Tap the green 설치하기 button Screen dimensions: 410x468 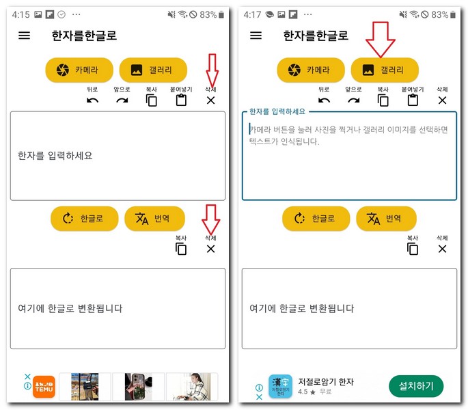(x=416, y=385)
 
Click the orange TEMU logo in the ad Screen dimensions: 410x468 (x=44, y=386)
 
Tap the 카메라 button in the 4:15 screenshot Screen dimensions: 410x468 (x=77, y=70)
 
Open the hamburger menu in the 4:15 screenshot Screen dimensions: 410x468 (x=25, y=36)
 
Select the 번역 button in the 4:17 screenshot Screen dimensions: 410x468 (x=386, y=219)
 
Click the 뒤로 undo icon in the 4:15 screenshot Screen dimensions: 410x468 (x=93, y=100)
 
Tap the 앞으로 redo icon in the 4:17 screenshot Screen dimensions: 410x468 (x=354, y=100)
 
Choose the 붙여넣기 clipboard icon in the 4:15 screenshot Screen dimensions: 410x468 (x=181, y=100)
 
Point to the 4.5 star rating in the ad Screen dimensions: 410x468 (x=308, y=392)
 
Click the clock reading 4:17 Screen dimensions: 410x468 (x=252, y=14)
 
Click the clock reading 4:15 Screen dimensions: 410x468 (x=20, y=14)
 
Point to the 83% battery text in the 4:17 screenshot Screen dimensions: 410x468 (x=440, y=14)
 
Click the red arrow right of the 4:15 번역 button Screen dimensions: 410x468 (x=210, y=217)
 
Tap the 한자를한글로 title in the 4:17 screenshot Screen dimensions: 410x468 (x=316, y=36)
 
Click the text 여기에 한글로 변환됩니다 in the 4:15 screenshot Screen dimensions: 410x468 (x=70, y=308)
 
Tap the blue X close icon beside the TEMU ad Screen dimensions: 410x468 (x=27, y=377)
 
